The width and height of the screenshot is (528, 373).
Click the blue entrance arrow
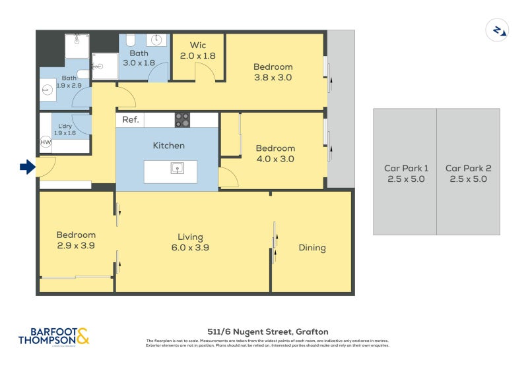tap(27, 168)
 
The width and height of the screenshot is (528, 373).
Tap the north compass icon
tap(496, 30)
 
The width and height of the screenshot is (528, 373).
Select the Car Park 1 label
tap(406, 173)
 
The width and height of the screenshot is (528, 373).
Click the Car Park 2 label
tap(467, 173)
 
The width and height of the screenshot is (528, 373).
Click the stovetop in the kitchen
tap(182, 120)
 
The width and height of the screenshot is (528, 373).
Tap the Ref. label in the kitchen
tap(130, 120)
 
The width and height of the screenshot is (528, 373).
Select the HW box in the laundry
tap(46, 142)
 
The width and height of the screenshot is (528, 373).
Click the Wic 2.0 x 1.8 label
tap(198, 51)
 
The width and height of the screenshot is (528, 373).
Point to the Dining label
tap(312, 248)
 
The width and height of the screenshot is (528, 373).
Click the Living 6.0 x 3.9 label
tap(190, 243)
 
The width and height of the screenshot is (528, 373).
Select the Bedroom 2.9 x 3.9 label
tap(76, 240)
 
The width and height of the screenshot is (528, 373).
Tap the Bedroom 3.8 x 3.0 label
tap(273, 72)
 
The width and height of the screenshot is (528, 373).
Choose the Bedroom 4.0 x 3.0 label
tap(275, 154)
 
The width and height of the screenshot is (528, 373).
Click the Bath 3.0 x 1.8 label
tap(139, 57)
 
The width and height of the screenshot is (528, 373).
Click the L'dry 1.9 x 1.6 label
tap(65, 129)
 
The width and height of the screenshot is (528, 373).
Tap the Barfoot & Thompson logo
tap(53, 336)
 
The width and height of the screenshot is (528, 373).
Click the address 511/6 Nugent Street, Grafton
tap(267, 331)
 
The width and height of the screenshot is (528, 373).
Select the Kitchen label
tap(169, 146)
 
